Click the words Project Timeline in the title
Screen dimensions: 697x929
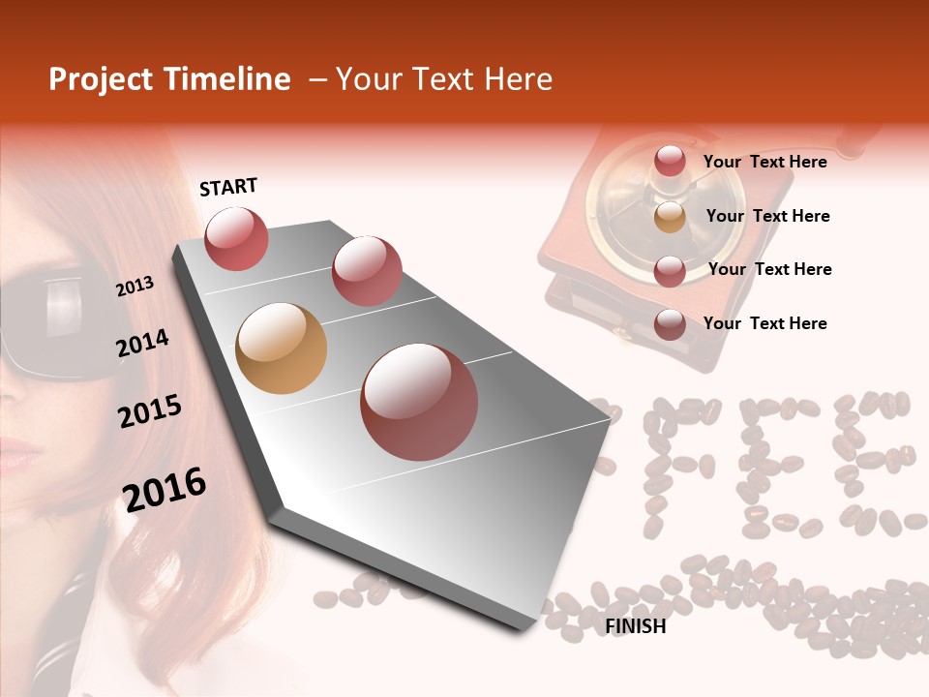coord(169,79)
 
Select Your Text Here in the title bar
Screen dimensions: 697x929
coord(444,79)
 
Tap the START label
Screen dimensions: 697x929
coord(228,187)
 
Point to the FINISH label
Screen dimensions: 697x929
coord(635,626)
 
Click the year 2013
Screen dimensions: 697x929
coord(135,287)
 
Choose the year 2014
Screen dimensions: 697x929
coord(142,343)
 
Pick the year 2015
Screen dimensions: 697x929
coord(149,411)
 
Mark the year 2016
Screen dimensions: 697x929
coord(164,489)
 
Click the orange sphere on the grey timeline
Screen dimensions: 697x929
coord(281,348)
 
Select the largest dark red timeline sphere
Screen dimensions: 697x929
coord(418,402)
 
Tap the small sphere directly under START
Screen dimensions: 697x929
coord(236,238)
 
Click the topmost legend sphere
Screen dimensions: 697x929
coord(670,162)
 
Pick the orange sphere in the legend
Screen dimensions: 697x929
coord(670,216)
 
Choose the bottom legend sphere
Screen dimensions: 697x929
coord(670,323)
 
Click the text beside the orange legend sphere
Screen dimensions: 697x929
coord(767,216)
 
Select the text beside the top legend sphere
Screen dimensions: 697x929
coord(764,162)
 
